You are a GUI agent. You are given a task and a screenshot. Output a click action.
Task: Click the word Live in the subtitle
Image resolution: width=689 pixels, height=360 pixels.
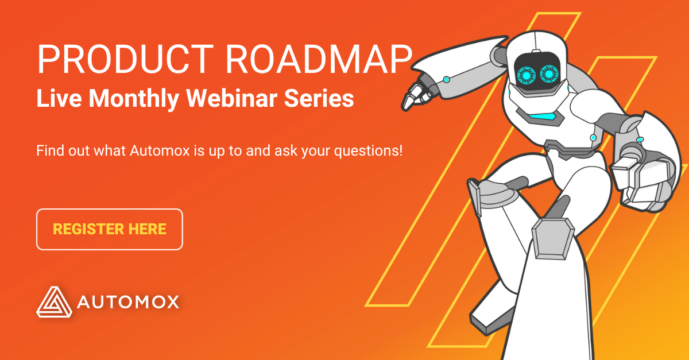point(59,98)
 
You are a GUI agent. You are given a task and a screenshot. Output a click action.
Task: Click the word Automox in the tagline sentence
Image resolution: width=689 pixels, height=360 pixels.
point(160,151)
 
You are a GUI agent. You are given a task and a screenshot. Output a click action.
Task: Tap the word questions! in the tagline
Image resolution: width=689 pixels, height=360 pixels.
point(368,152)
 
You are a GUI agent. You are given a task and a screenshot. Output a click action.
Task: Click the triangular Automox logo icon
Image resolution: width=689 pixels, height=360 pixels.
point(55,302)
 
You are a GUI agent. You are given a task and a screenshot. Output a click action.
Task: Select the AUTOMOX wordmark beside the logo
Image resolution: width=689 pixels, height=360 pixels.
point(128,302)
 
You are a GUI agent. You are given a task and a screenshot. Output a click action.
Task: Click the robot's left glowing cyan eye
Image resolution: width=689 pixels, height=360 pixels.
point(526,75)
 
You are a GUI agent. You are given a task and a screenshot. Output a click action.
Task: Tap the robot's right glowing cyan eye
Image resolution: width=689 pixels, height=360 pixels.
point(548,74)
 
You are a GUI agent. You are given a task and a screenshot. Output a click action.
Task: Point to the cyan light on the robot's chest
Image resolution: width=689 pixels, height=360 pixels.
point(542,117)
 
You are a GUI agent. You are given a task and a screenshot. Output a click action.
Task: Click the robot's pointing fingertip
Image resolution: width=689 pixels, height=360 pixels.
point(405,106)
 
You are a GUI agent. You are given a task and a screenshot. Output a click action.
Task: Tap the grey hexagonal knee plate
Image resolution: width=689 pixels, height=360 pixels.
point(552,239)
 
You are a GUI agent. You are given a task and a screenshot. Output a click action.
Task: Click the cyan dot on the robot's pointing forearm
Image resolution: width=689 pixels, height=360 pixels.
point(447,80)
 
